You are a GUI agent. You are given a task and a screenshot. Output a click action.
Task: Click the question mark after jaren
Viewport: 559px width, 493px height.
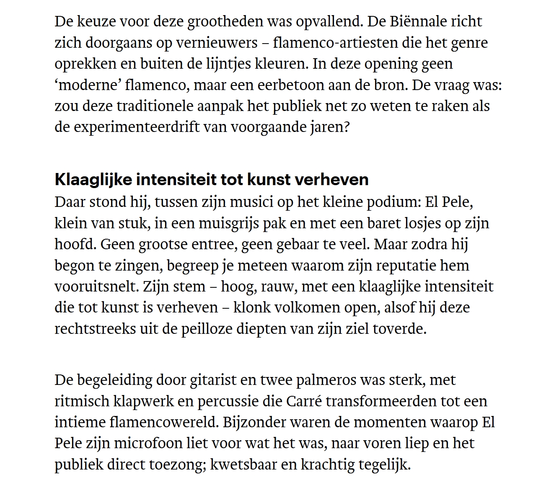346,127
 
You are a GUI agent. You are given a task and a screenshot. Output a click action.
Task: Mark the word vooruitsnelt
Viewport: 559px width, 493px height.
96,287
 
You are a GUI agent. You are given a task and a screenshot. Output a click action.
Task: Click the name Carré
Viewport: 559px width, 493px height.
305,401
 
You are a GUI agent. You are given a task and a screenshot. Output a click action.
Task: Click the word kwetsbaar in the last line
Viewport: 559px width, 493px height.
243,465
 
